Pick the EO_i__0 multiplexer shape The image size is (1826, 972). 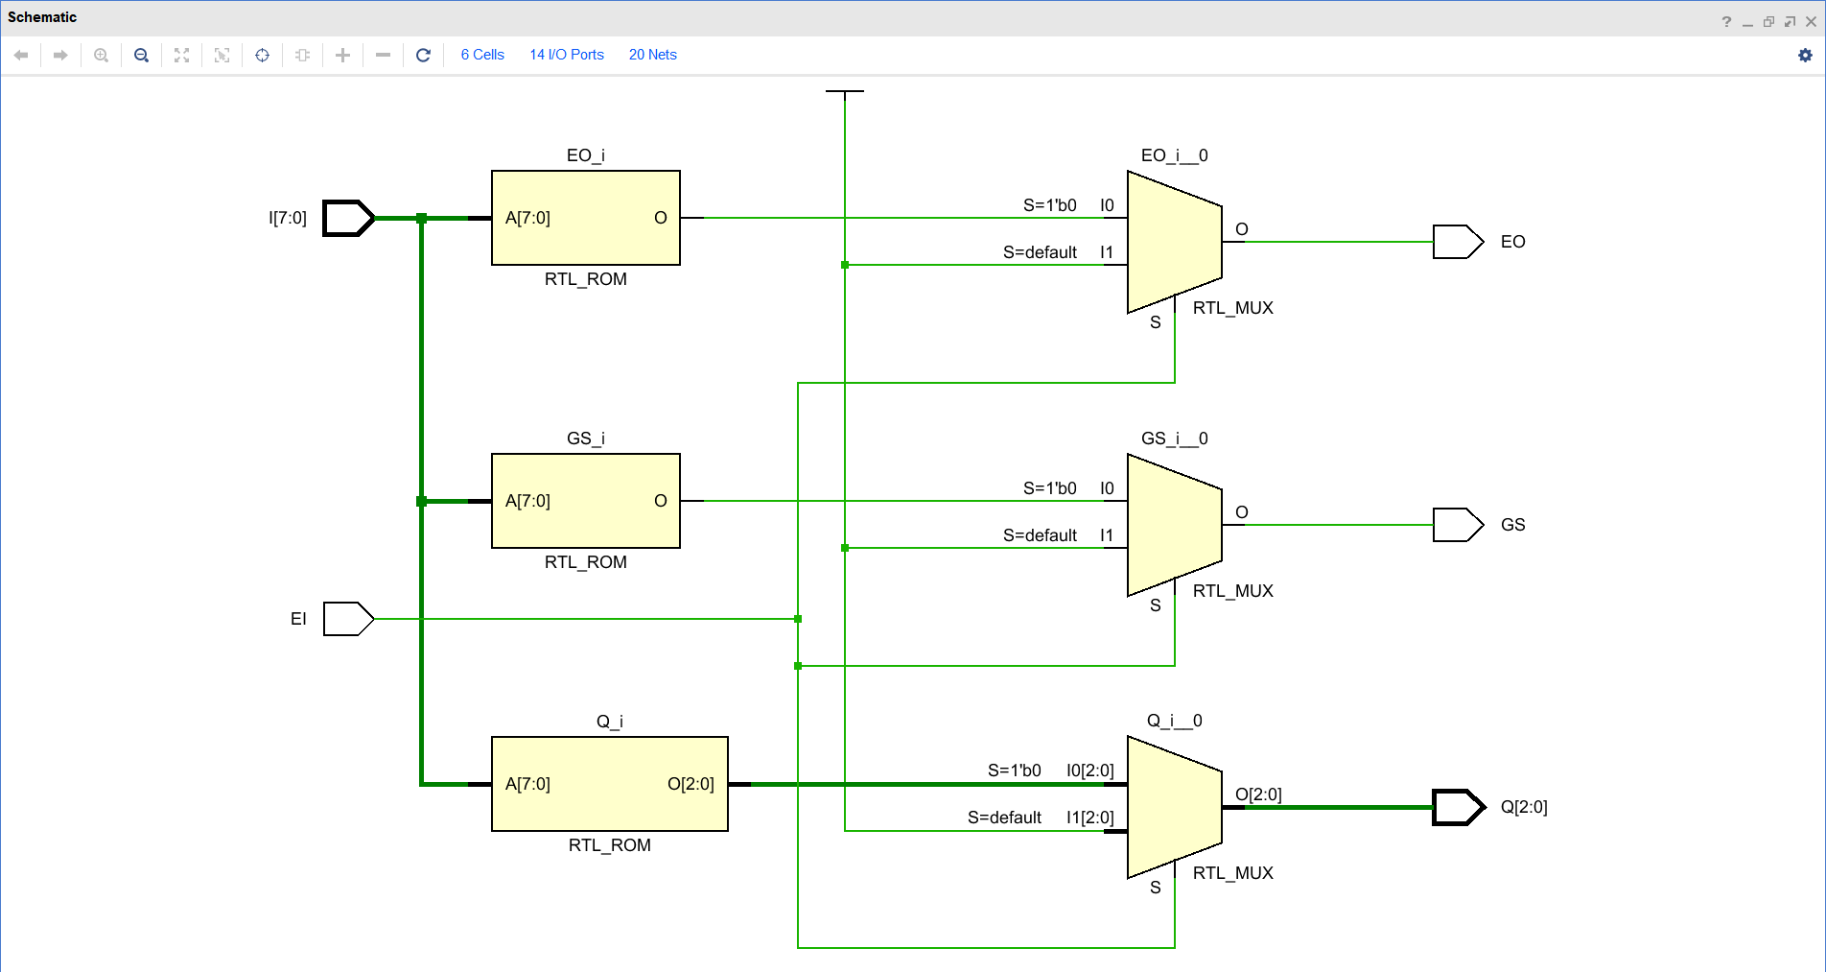1174,242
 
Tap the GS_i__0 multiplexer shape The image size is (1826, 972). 1174,525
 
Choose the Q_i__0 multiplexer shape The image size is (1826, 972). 1174,807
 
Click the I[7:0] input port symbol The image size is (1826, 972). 347,218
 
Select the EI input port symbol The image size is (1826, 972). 347,619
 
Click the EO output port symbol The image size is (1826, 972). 1457,242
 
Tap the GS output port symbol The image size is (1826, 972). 1457,525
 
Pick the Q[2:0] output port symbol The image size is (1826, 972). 1457,807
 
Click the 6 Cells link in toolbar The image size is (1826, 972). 482,55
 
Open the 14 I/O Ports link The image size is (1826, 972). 567,55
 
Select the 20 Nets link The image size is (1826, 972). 652,55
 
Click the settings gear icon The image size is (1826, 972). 1805,55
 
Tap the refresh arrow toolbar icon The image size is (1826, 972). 423,55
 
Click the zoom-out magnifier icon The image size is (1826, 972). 141,55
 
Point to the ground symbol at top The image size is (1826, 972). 844,92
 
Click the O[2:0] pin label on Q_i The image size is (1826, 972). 691,784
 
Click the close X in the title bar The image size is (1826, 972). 1811,21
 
